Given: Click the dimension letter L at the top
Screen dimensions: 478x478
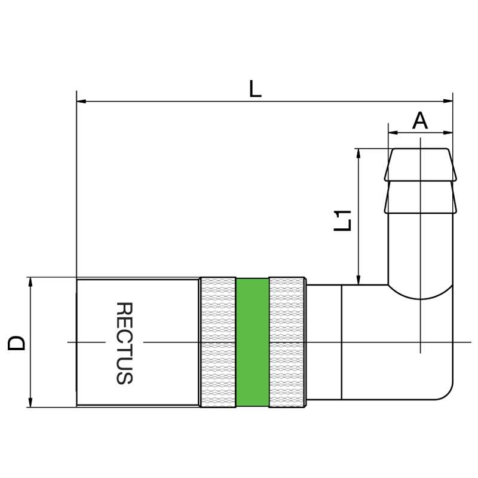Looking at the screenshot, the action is pyautogui.click(x=255, y=88).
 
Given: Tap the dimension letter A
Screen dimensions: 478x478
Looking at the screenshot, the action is pyautogui.click(x=420, y=121).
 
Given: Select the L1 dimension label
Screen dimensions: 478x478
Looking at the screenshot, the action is pyautogui.click(x=342, y=220).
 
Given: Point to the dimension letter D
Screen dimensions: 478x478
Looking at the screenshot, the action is pyautogui.click(x=16, y=343).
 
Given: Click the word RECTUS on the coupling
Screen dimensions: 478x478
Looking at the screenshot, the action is pyautogui.click(x=124, y=343).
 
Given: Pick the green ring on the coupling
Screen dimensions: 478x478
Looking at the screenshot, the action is pyautogui.click(x=252, y=342).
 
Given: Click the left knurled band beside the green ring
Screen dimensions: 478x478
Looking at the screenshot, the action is pyautogui.click(x=217, y=342).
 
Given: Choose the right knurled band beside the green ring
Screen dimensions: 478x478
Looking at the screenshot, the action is pyautogui.click(x=287, y=342).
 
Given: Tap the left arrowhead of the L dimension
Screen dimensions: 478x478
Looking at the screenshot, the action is pyautogui.click(x=81, y=101).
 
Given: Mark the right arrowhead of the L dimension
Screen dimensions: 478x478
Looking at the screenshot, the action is pyautogui.click(x=448, y=101).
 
